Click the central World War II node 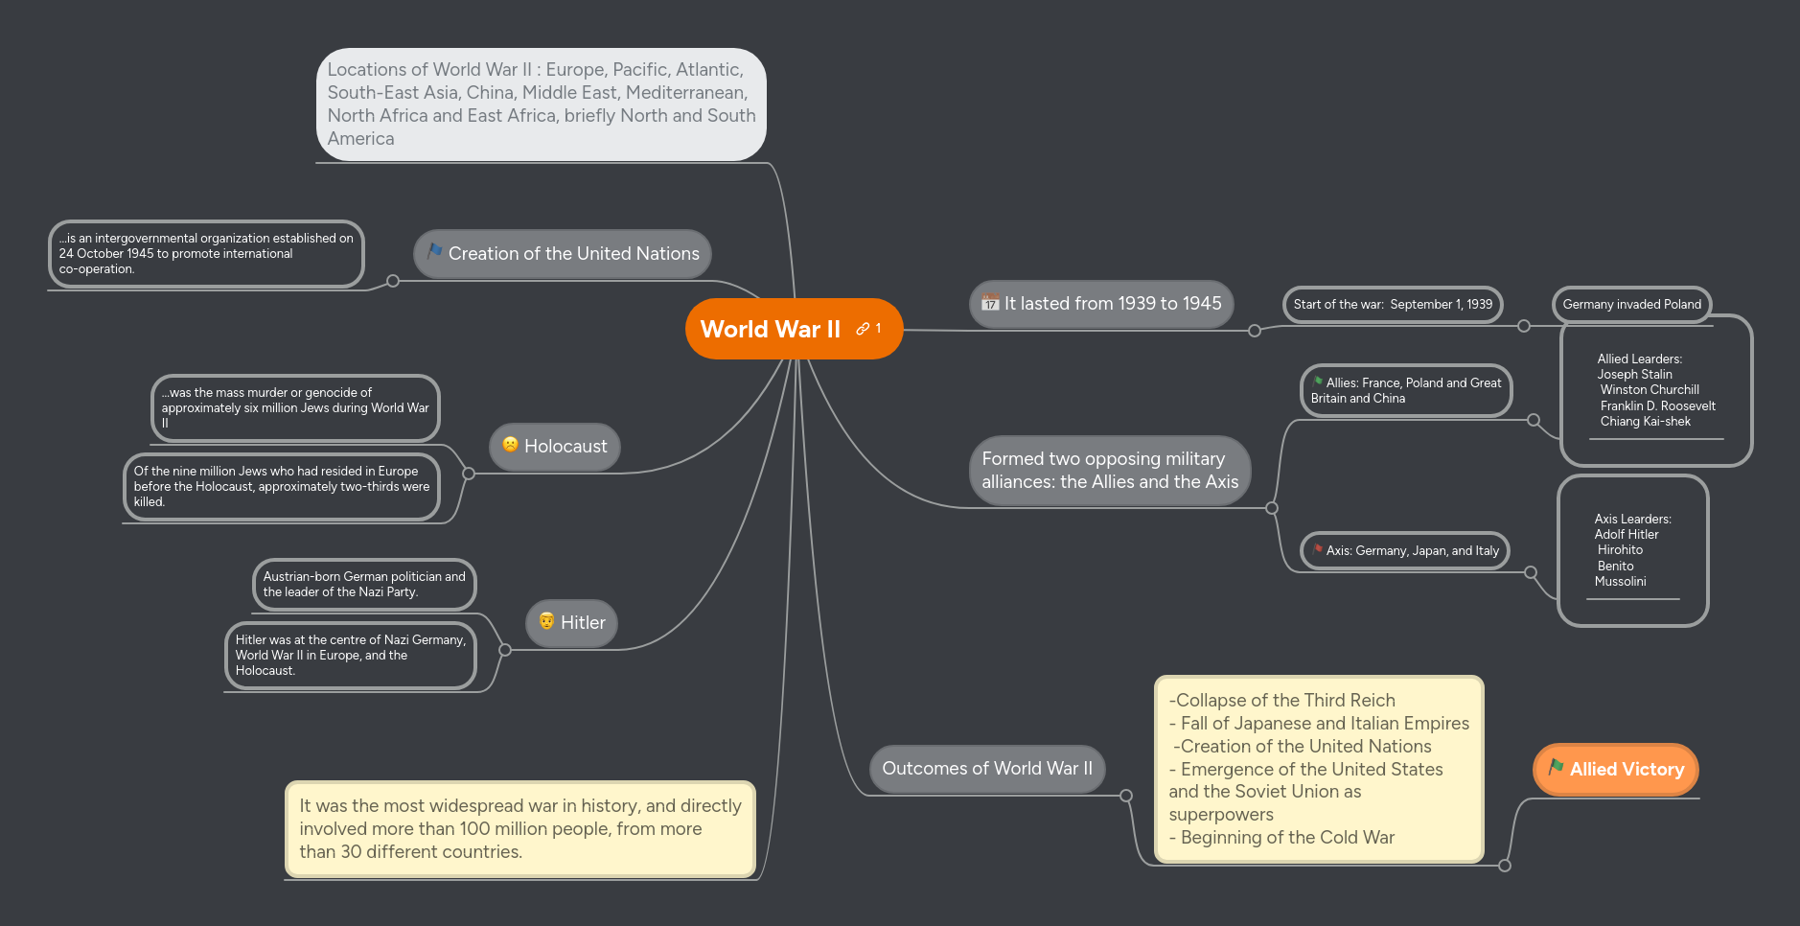point(794,329)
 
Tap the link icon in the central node point(863,329)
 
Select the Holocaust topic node point(555,447)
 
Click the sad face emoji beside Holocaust point(511,444)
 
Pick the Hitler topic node point(571,623)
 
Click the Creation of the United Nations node point(563,254)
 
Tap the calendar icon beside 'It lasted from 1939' point(990,303)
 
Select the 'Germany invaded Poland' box point(1631,305)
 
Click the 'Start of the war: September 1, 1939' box point(1393,305)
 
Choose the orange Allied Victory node point(1616,770)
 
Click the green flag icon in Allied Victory point(1556,767)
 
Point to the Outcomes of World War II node point(987,769)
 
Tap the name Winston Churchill point(1650,390)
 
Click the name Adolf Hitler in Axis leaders point(1627,535)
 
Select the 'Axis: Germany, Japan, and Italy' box point(1405,551)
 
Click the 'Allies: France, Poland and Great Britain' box point(1406,391)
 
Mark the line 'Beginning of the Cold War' point(1281,838)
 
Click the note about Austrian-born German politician point(364,585)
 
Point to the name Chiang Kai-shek point(1645,422)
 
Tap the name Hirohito point(1620,550)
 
